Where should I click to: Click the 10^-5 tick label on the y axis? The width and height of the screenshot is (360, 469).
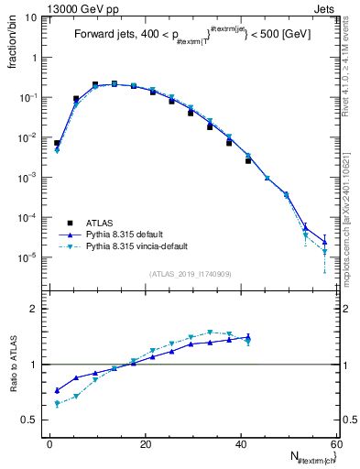[28, 257]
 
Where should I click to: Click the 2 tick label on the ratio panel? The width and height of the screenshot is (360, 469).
[35, 309]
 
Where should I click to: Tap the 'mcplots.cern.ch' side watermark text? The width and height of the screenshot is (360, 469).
[352, 211]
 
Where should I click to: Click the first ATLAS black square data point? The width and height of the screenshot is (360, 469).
[57, 143]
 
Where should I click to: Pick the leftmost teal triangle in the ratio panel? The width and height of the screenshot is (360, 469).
[57, 403]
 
